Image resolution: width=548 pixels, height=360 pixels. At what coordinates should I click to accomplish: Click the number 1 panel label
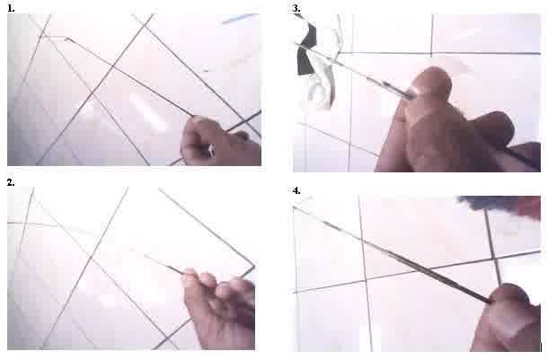click(x=11, y=9)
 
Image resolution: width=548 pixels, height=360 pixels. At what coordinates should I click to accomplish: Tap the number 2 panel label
click(x=11, y=182)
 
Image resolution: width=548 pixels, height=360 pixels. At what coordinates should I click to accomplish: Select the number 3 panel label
click(x=296, y=9)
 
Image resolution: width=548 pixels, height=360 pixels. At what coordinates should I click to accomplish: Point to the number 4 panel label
click(x=296, y=190)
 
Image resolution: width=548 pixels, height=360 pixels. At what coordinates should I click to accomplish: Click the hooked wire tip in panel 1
click(x=66, y=40)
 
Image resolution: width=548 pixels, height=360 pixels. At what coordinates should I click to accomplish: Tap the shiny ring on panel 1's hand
click(x=211, y=151)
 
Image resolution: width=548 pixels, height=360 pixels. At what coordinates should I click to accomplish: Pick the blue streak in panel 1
click(x=240, y=19)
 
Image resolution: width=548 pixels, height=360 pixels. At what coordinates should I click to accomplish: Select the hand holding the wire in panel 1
click(x=221, y=141)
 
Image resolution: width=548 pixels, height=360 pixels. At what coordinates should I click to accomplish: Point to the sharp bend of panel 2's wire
click(x=253, y=268)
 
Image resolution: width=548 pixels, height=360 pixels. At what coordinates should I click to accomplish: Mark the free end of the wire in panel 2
click(x=146, y=256)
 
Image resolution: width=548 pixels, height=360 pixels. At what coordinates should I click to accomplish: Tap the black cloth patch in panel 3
click(x=305, y=51)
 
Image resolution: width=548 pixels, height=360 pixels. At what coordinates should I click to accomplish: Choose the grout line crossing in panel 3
click(x=431, y=54)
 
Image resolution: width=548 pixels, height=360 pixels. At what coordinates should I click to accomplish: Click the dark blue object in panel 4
click(x=496, y=205)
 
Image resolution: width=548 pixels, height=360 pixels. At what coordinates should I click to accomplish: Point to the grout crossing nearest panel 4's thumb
click(x=496, y=259)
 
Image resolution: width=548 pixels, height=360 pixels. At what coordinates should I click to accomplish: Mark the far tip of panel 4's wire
click(x=295, y=208)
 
